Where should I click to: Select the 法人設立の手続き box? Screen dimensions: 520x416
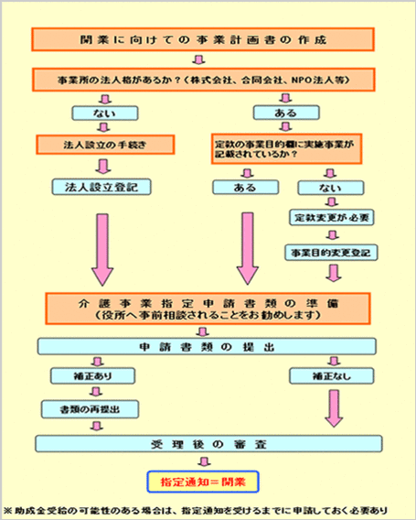pos(102,145)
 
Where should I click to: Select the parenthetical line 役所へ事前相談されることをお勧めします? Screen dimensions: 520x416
pos(203,315)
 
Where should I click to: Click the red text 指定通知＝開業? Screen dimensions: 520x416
pos(203,480)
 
